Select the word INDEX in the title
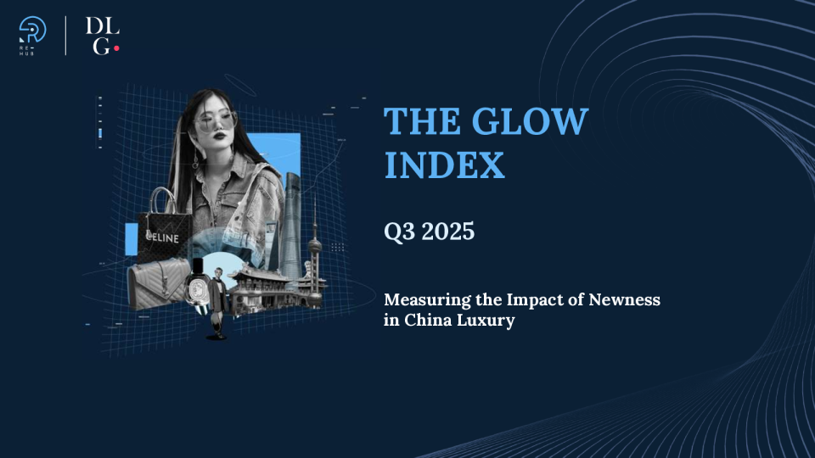[444, 165]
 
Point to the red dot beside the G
[116, 48]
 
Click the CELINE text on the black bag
[160, 238]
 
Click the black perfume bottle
[197, 289]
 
